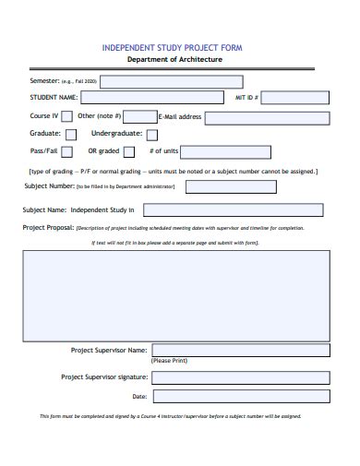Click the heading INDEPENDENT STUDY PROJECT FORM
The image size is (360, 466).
pyautogui.click(x=174, y=46)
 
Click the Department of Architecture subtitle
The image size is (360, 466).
pyautogui.click(x=174, y=59)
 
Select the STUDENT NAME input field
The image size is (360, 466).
pyautogui.click(x=151, y=96)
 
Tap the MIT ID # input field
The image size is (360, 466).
pyautogui.click(x=294, y=96)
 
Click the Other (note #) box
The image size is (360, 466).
pyautogui.click(x=139, y=116)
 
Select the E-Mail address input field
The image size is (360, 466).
pyautogui.click(x=267, y=117)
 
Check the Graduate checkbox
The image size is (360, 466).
pyautogui.click(x=70, y=134)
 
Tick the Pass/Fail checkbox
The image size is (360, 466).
pyautogui.click(x=68, y=151)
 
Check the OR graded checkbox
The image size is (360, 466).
pyautogui.click(x=129, y=151)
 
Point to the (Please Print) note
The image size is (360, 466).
pyautogui.click(x=169, y=361)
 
